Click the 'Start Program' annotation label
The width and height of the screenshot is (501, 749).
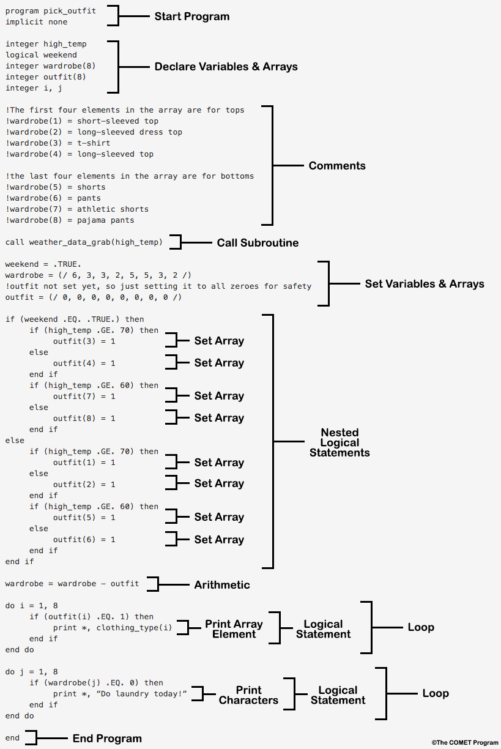click(x=191, y=17)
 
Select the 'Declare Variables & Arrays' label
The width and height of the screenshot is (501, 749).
click(x=226, y=66)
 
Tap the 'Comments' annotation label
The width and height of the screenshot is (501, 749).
click(x=337, y=166)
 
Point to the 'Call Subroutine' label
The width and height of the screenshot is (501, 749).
click(x=258, y=243)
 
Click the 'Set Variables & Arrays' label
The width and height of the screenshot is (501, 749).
click(x=424, y=284)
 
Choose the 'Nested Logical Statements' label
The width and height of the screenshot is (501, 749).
click(x=340, y=442)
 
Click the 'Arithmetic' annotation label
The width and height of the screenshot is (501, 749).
click(x=222, y=585)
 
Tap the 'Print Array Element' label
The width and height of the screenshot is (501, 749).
click(x=234, y=629)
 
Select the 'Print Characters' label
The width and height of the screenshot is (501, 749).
click(x=248, y=695)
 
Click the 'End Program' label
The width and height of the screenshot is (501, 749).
click(x=107, y=739)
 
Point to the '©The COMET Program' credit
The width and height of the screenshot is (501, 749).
click(x=464, y=743)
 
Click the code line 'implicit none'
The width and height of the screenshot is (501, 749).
click(x=37, y=22)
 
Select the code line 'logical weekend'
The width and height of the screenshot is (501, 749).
click(x=41, y=55)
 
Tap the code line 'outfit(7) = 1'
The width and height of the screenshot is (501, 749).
click(x=84, y=397)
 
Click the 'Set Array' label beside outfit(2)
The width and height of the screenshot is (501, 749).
click(x=219, y=483)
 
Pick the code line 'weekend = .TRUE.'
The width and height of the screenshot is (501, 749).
click(x=43, y=264)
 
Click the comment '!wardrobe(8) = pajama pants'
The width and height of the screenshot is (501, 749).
click(x=70, y=220)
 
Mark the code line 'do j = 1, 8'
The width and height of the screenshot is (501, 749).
click(x=32, y=672)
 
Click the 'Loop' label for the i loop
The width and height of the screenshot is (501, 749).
click(x=421, y=627)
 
